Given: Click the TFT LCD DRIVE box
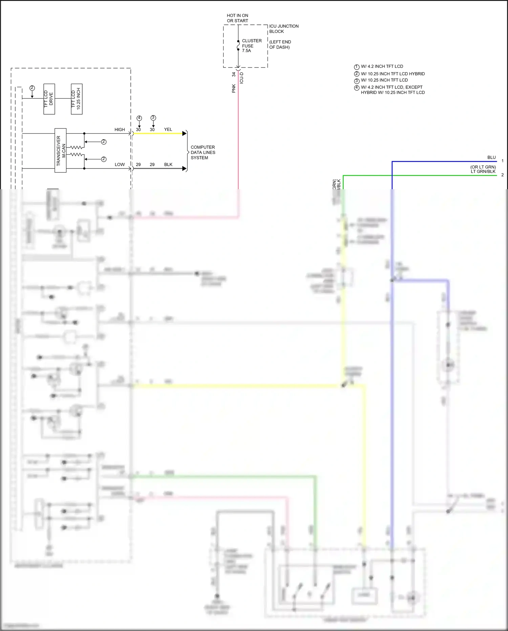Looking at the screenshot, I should [49, 99].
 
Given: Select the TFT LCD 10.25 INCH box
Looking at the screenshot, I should [77, 99].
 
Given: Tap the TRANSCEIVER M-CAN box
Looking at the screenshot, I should [61, 151].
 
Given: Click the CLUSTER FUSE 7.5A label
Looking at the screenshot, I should [251, 46].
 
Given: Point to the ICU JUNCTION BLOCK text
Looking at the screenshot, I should [283, 29].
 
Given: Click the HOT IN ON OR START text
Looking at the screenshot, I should [237, 18].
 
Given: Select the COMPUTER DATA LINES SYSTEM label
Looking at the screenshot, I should [203, 153].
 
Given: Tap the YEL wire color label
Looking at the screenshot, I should [168, 130].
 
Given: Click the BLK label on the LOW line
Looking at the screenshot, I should [168, 164].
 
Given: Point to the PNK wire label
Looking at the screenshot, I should [234, 89].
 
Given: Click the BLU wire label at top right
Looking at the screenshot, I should [491, 157].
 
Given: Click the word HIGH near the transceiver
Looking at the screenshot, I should [120, 130].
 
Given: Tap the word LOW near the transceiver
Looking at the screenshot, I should [120, 164].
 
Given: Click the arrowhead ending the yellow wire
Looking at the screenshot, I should [185, 134].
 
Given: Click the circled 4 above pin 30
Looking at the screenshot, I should [139, 118].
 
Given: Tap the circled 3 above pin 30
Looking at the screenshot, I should [153, 118].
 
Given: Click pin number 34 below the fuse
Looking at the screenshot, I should [234, 74].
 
